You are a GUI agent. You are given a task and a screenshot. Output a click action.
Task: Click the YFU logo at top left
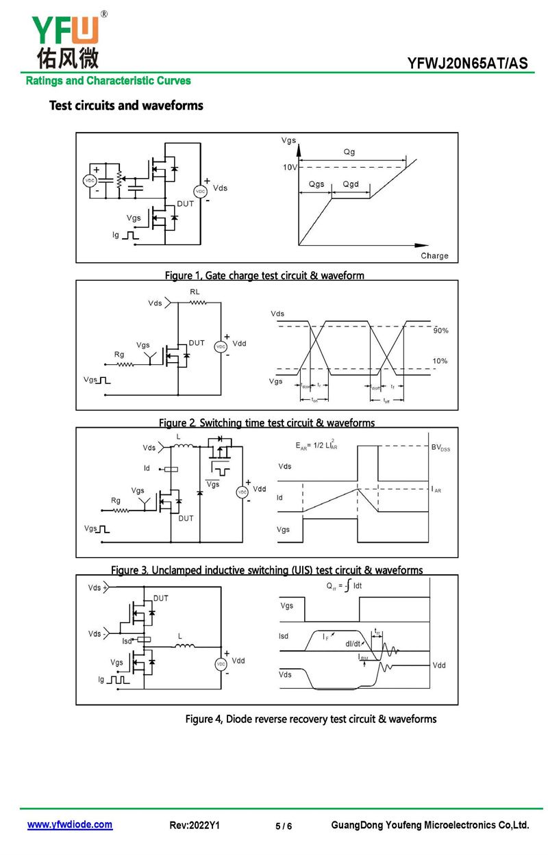(65, 40)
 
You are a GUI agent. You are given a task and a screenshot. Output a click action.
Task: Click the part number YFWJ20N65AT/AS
(468, 64)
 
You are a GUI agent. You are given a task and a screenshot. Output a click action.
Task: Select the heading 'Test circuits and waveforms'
(126, 105)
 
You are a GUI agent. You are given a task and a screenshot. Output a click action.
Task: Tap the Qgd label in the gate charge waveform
(351, 185)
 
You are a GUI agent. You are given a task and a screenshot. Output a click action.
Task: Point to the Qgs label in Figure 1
(316, 185)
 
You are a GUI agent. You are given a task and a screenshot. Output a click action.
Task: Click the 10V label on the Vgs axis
(290, 168)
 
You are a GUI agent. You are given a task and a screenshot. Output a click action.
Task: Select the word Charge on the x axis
(434, 256)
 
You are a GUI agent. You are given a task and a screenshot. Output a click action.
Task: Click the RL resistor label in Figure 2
(195, 291)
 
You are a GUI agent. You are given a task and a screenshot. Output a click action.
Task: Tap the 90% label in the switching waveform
(440, 331)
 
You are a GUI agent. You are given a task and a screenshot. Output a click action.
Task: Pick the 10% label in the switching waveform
(440, 361)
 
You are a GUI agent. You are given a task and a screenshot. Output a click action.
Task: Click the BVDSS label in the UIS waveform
(441, 448)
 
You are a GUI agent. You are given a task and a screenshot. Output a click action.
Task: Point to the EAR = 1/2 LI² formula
(316, 446)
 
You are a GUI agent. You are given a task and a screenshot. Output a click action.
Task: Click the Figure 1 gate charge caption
(264, 275)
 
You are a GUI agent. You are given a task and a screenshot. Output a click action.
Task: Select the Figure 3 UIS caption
(266, 570)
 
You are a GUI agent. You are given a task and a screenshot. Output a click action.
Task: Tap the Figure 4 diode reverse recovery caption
(310, 719)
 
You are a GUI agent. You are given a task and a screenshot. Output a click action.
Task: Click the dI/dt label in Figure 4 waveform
(353, 643)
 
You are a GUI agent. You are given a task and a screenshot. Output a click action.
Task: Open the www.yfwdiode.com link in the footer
(70, 825)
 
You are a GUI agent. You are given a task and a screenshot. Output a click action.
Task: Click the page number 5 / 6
(284, 826)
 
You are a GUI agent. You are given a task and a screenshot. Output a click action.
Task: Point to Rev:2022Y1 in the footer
(194, 826)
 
